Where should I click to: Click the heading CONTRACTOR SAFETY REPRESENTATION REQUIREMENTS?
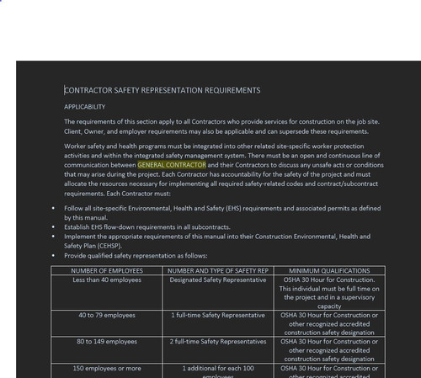pos(163,89)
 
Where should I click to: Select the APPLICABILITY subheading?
pos(85,107)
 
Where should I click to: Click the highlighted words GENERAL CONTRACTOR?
pos(171,165)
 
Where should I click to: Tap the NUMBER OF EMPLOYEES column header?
pos(107,270)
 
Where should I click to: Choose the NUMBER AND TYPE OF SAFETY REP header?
pos(218,270)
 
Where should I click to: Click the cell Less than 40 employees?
pos(107,280)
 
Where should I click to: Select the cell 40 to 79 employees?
pos(107,315)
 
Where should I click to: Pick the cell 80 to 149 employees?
pos(107,342)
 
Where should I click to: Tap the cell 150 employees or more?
pos(107,368)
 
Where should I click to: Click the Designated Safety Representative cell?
pos(218,280)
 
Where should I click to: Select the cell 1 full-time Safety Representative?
pos(218,315)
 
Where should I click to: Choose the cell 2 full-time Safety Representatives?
pos(218,342)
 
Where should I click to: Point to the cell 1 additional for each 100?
pos(218,368)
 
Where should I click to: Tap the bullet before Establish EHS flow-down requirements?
pos(53,227)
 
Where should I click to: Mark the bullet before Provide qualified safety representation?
pos(53,255)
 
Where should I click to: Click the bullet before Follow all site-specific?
pos(53,208)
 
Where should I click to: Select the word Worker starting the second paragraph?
pos(77,146)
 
